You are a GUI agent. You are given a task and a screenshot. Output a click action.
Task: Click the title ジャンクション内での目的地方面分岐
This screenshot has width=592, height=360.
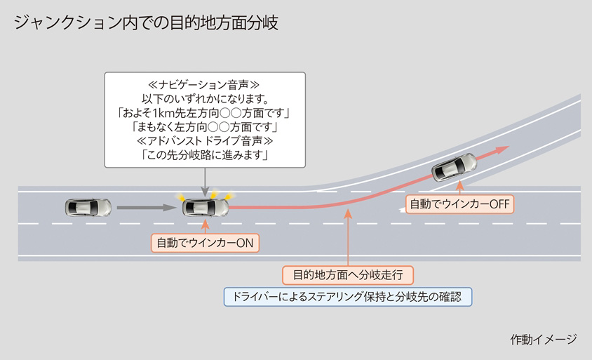pos(146,22)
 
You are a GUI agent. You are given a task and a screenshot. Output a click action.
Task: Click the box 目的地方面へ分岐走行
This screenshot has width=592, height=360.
pos(348,274)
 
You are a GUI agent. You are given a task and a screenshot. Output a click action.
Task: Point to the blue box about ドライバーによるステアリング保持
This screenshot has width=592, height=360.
pos(348,296)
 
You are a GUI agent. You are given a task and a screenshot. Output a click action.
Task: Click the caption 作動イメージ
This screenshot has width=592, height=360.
pos(543,339)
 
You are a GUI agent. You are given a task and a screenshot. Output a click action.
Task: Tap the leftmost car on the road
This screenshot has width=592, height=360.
pos(88,207)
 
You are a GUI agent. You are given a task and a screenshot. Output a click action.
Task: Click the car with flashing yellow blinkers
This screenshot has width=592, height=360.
pos(206,206)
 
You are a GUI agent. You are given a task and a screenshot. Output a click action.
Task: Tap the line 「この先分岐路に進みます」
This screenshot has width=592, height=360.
pos(205,154)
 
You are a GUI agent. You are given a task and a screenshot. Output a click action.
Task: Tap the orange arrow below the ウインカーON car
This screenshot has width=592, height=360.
pos(206,225)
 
